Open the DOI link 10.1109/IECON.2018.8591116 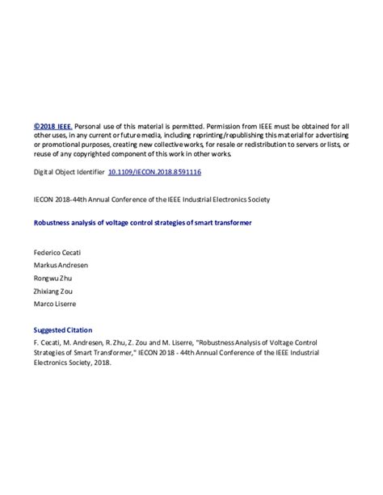(x=154, y=172)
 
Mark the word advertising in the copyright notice (x=331, y=136)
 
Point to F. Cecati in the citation (x=48, y=342)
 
